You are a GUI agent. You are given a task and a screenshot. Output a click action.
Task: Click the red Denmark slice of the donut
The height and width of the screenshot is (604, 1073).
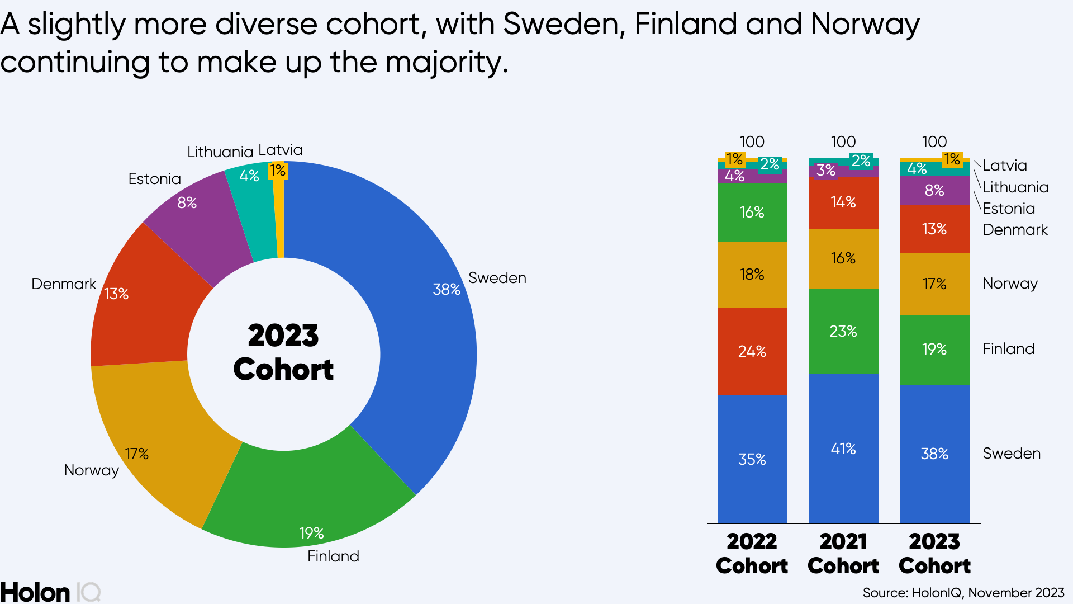coord(145,302)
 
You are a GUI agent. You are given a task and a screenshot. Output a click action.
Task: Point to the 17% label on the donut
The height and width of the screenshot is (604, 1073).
coord(136,454)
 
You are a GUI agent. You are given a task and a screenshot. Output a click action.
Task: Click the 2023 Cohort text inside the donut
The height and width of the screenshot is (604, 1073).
coord(283,352)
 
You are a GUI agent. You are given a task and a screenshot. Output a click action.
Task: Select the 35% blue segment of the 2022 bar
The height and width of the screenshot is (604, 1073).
coord(752,459)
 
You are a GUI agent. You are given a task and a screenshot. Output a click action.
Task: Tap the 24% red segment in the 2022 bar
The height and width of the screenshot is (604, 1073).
coord(752,351)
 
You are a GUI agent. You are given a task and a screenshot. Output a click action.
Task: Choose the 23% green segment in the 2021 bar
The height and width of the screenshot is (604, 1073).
coord(843,331)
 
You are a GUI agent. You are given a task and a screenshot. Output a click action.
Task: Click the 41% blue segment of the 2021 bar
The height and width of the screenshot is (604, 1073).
coord(843,449)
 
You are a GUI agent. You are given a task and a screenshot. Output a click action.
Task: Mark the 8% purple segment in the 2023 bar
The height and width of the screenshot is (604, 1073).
coord(934,191)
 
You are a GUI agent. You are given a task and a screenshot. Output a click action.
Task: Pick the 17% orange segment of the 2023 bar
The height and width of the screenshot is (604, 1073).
coord(934,284)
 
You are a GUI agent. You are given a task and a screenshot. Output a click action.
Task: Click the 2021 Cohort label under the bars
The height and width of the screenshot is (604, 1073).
coord(843,554)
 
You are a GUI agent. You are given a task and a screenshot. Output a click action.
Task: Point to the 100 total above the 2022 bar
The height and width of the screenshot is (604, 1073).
coord(752,141)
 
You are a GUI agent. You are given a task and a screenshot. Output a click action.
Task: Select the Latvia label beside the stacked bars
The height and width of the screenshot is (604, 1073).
coord(1005,166)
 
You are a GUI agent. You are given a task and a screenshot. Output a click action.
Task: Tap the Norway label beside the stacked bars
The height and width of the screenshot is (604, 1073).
coord(1010,284)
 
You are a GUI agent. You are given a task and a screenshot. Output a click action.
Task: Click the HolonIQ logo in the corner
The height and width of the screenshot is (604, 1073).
coord(50,592)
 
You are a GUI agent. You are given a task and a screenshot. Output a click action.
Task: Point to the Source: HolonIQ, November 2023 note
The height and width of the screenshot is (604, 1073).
coord(963,593)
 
